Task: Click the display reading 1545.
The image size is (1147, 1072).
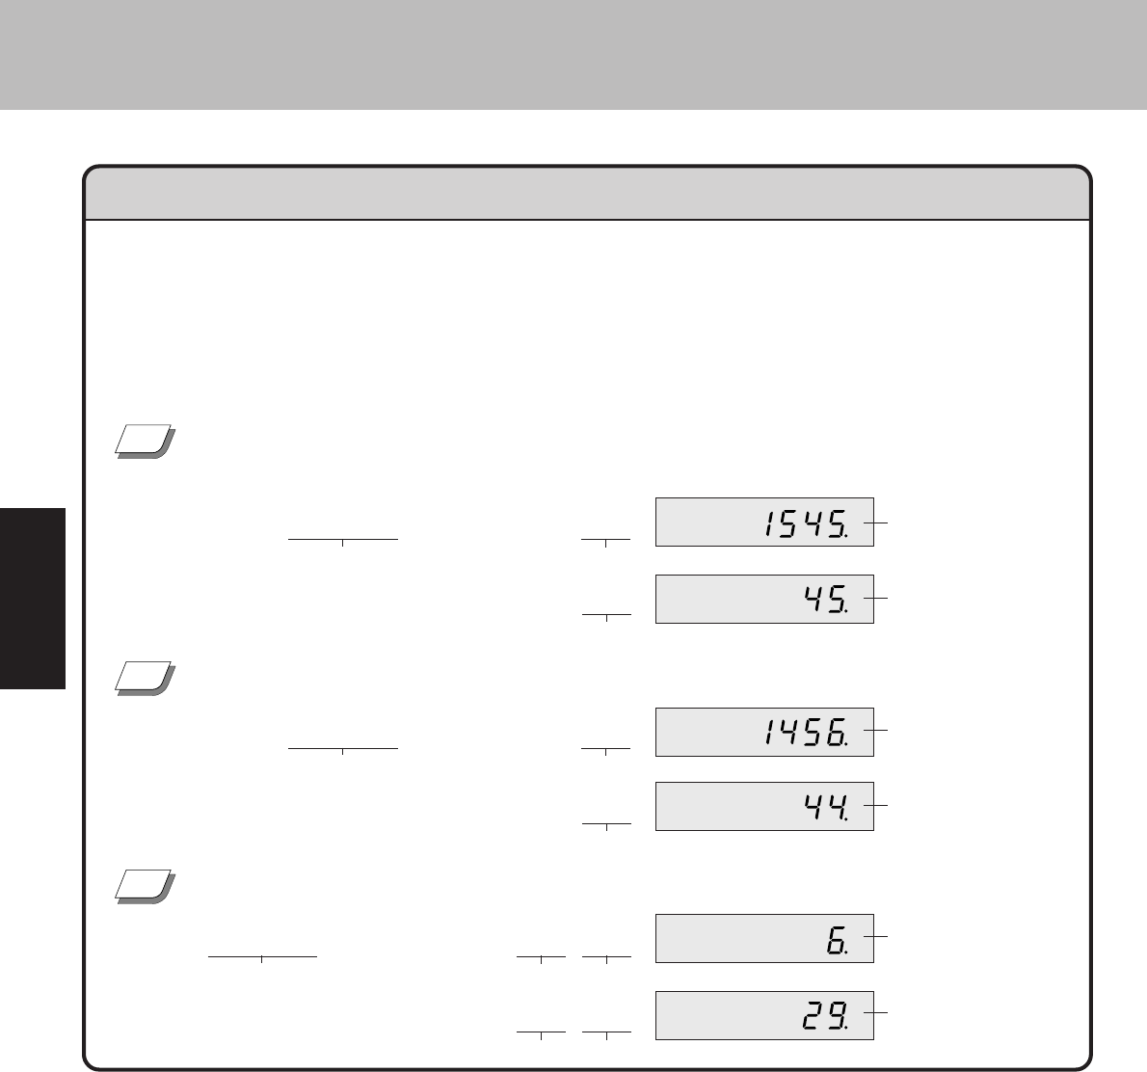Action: [x=764, y=522]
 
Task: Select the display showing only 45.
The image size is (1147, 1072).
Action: [x=764, y=600]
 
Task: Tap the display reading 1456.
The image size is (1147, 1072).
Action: [x=764, y=732]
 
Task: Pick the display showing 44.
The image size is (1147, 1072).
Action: [x=764, y=806]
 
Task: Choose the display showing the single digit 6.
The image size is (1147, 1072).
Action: [x=764, y=938]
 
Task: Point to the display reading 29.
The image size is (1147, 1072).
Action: [x=764, y=1016]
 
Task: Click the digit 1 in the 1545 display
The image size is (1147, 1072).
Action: [x=769, y=523]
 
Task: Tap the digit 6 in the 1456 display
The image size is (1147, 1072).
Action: [x=836, y=733]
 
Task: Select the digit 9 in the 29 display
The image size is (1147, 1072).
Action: [x=836, y=1016]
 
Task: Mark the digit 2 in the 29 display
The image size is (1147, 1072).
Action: [x=812, y=1016]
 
